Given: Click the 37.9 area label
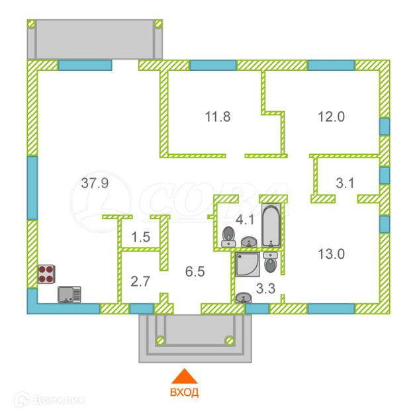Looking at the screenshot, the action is pos(95,183).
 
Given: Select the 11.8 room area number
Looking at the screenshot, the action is pos(217,117).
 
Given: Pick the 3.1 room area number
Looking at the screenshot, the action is pos(345,183).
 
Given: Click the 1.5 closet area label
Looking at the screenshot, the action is pos(140,236).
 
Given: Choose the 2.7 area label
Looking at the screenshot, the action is pos(140,281).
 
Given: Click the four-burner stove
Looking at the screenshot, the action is pos(46,274).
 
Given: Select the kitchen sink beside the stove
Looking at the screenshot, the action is pos(69,293).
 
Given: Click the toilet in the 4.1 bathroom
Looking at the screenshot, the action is pos(228,236).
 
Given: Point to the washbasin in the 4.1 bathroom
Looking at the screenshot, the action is pos(249,243).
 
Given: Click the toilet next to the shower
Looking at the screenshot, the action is pos(270,263).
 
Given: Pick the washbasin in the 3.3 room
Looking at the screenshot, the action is pos(244,299).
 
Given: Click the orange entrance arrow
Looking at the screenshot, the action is pos(186,375).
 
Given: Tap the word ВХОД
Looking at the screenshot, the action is pos(186,392).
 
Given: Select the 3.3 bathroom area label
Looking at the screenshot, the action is pos(265,289).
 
